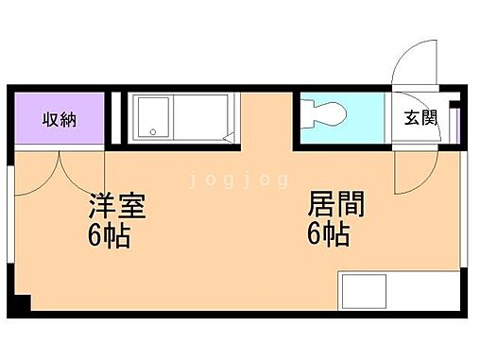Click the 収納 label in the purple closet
59,120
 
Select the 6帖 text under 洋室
108,234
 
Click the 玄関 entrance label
421,118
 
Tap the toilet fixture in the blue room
327,118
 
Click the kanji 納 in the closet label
68,120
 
